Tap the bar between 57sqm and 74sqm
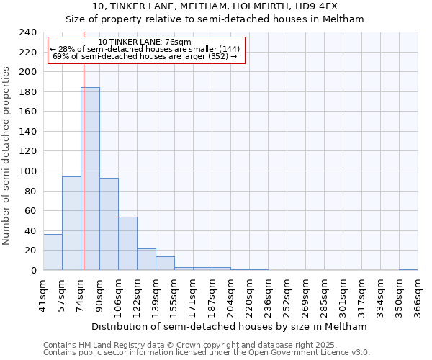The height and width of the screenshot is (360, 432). coord(71,223)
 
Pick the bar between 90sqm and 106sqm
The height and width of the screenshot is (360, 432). coord(109,224)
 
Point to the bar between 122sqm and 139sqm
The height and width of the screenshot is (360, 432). coord(146,259)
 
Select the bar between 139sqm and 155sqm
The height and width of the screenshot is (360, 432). coord(165,263)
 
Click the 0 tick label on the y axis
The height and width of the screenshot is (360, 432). coord(33,270)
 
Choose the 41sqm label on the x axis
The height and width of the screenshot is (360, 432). coord(43,292)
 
